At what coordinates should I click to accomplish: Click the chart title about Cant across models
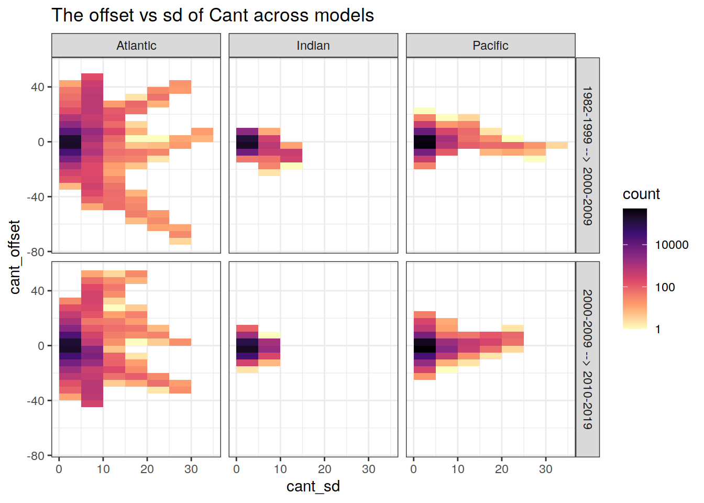coord(213,16)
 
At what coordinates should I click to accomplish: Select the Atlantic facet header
coord(136,46)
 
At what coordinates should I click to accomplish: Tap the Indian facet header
coord(313,46)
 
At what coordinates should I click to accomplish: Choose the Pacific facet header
coord(490,46)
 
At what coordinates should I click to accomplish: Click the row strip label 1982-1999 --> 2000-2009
coord(588,156)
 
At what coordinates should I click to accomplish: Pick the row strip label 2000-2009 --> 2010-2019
coord(588,359)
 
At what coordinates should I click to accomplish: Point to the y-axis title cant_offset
coord(15,257)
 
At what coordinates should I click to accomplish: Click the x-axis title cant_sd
coord(313,486)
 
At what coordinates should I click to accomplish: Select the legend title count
coord(641,194)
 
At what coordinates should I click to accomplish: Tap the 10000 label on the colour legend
coord(672,245)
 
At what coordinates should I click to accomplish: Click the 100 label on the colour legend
coord(665,287)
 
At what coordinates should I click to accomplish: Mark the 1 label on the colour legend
coord(658,330)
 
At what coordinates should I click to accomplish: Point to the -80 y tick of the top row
coord(36,252)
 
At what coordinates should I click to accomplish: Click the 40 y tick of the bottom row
coord(38,291)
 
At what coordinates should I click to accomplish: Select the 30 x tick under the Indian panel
coord(369,469)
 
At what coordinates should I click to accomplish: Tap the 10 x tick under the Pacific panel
coord(458,469)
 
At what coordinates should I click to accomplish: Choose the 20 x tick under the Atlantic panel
coord(147,469)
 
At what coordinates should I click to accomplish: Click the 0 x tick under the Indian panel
coord(236,469)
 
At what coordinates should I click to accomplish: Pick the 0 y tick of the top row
coord(41,142)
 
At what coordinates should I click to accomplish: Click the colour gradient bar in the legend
coord(635,268)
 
